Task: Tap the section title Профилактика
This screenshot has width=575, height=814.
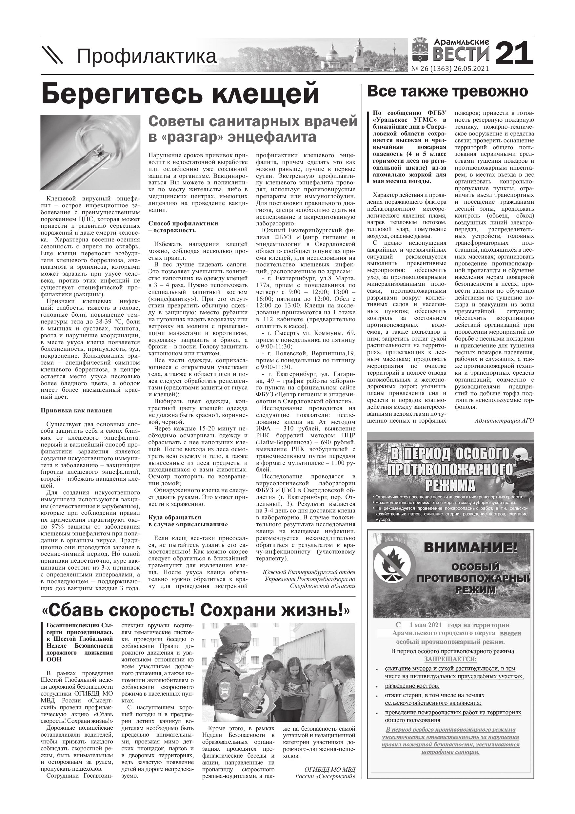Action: [x=147, y=56]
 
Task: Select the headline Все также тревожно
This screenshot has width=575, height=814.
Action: [x=447, y=92]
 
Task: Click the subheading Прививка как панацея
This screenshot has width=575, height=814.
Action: [x=76, y=410]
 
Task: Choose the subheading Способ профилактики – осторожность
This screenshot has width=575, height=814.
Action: [x=183, y=227]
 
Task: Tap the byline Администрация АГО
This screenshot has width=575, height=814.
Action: [x=504, y=421]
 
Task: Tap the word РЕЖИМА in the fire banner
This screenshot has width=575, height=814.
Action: [x=450, y=485]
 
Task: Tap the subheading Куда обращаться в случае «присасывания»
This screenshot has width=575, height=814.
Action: [x=188, y=521]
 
